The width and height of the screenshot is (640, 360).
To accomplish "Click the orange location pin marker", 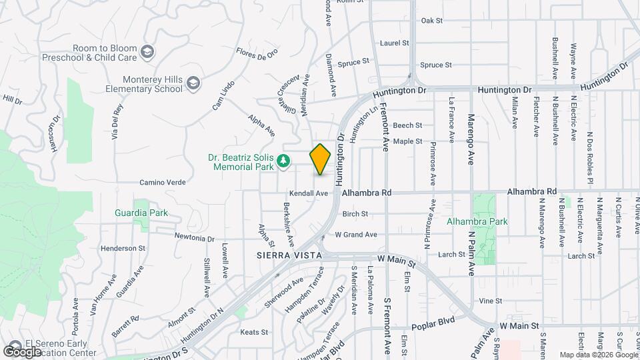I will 321,159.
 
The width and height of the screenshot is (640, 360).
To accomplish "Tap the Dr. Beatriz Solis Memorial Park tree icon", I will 283,160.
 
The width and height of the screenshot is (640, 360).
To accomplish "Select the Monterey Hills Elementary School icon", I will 193,83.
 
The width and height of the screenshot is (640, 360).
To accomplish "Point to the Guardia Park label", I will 141,213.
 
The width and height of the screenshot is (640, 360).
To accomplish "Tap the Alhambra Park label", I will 477,221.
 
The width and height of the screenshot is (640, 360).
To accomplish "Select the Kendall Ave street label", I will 313,193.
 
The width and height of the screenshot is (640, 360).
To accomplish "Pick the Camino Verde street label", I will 161,182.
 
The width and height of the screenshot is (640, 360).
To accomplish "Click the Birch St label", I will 355,214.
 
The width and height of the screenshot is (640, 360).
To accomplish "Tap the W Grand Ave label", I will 356,235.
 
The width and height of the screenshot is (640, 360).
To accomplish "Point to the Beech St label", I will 407,125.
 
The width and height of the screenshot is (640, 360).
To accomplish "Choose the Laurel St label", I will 394,43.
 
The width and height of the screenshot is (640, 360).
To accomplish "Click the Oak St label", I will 432,21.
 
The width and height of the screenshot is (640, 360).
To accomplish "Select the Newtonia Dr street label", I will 194,237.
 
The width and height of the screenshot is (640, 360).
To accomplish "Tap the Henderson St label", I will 123,248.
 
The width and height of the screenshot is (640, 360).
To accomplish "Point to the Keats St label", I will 253,332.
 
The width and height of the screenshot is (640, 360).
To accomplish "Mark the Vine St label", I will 489,301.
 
